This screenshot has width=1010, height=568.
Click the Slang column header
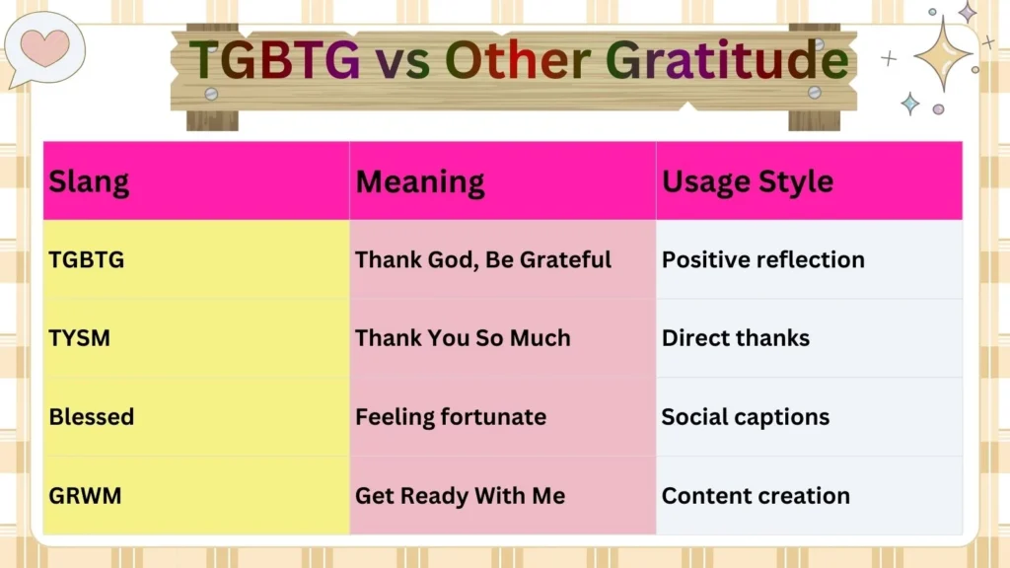pos(89,181)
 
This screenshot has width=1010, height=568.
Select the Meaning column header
pos(420,181)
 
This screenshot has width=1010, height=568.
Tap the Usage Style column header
pos(747,181)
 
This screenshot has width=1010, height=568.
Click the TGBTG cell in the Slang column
pos(87,260)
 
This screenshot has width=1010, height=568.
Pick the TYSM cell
pos(80,338)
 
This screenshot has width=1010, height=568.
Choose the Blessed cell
pos(92,417)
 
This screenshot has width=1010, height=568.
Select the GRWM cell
pos(86,496)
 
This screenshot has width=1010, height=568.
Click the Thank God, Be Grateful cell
pos(483,260)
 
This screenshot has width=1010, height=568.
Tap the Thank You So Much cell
pos(463,338)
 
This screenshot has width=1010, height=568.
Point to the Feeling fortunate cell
pos(451,417)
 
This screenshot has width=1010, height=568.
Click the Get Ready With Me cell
pos(460,496)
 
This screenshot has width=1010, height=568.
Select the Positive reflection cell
pos(762,260)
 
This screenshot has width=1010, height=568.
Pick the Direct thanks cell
pos(735,338)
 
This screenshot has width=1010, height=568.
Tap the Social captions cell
pos(745,417)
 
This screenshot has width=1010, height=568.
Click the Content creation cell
pos(756,496)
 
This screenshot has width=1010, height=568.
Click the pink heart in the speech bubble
pos(45,46)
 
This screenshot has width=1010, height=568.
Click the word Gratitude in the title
pos(726,61)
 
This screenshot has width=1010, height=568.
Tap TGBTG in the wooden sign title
pos(275,61)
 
